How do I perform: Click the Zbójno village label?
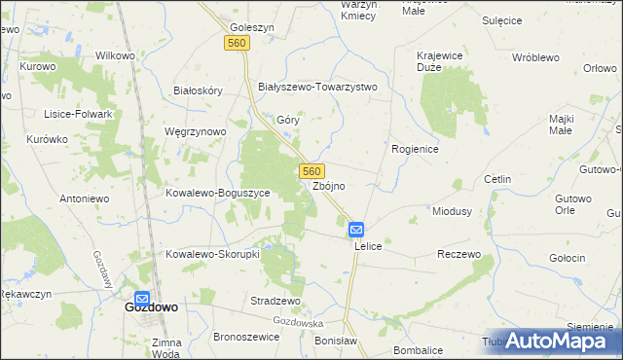[329, 186]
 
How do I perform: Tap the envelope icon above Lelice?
[356, 231]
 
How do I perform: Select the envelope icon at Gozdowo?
[142, 300]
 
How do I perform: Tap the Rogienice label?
[416, 149]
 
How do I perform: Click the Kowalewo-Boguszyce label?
[223, 193]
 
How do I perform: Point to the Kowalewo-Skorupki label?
[211, 254]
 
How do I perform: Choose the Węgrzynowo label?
[196, 131]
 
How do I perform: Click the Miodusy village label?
[452, 211]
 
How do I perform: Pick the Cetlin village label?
[497, 180]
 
